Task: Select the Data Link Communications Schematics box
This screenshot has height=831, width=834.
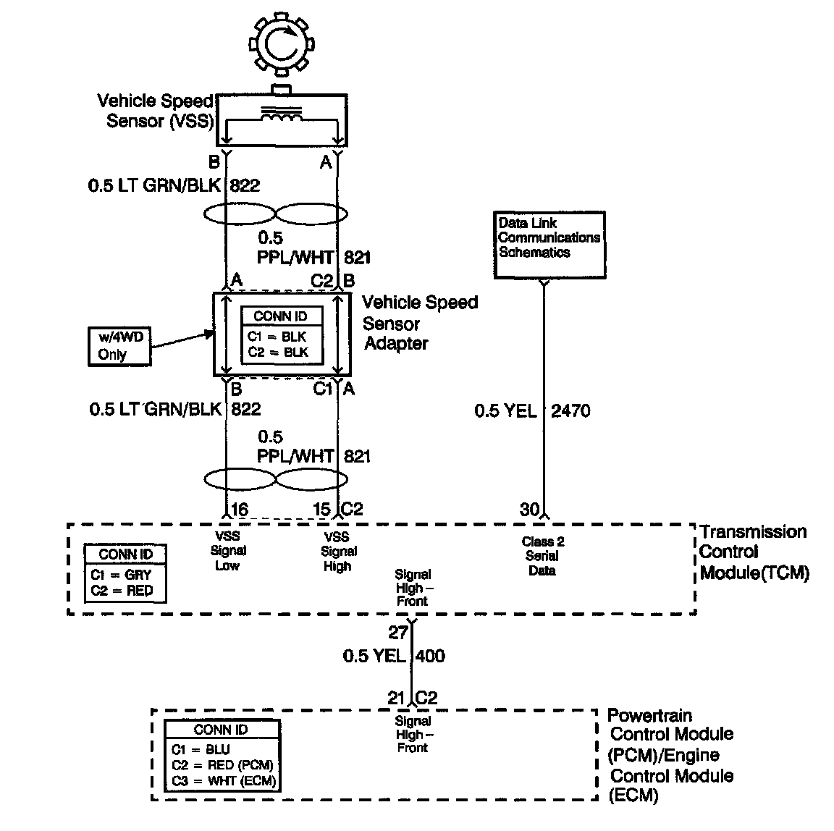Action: pos(549,244)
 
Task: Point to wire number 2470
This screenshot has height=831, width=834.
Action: pos(570,411)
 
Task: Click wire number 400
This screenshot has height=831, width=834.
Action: pos(430,657)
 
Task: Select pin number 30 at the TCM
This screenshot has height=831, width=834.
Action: pos(529,510)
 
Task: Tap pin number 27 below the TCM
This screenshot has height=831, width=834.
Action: pos(398,633)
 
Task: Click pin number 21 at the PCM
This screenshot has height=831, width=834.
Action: pos(396,698)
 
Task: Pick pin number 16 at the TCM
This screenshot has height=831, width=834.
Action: pos(239,510)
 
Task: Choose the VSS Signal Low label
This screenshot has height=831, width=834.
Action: pos(227,551)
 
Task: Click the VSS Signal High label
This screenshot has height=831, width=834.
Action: pos(337,552)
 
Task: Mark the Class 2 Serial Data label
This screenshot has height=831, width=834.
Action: pos(542,556)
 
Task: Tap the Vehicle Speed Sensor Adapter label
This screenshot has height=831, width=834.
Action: pos(419,323)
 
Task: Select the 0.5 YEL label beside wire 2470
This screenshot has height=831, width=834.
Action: pos(505,411)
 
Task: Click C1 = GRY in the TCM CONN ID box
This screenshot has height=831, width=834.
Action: pos(121,575)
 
